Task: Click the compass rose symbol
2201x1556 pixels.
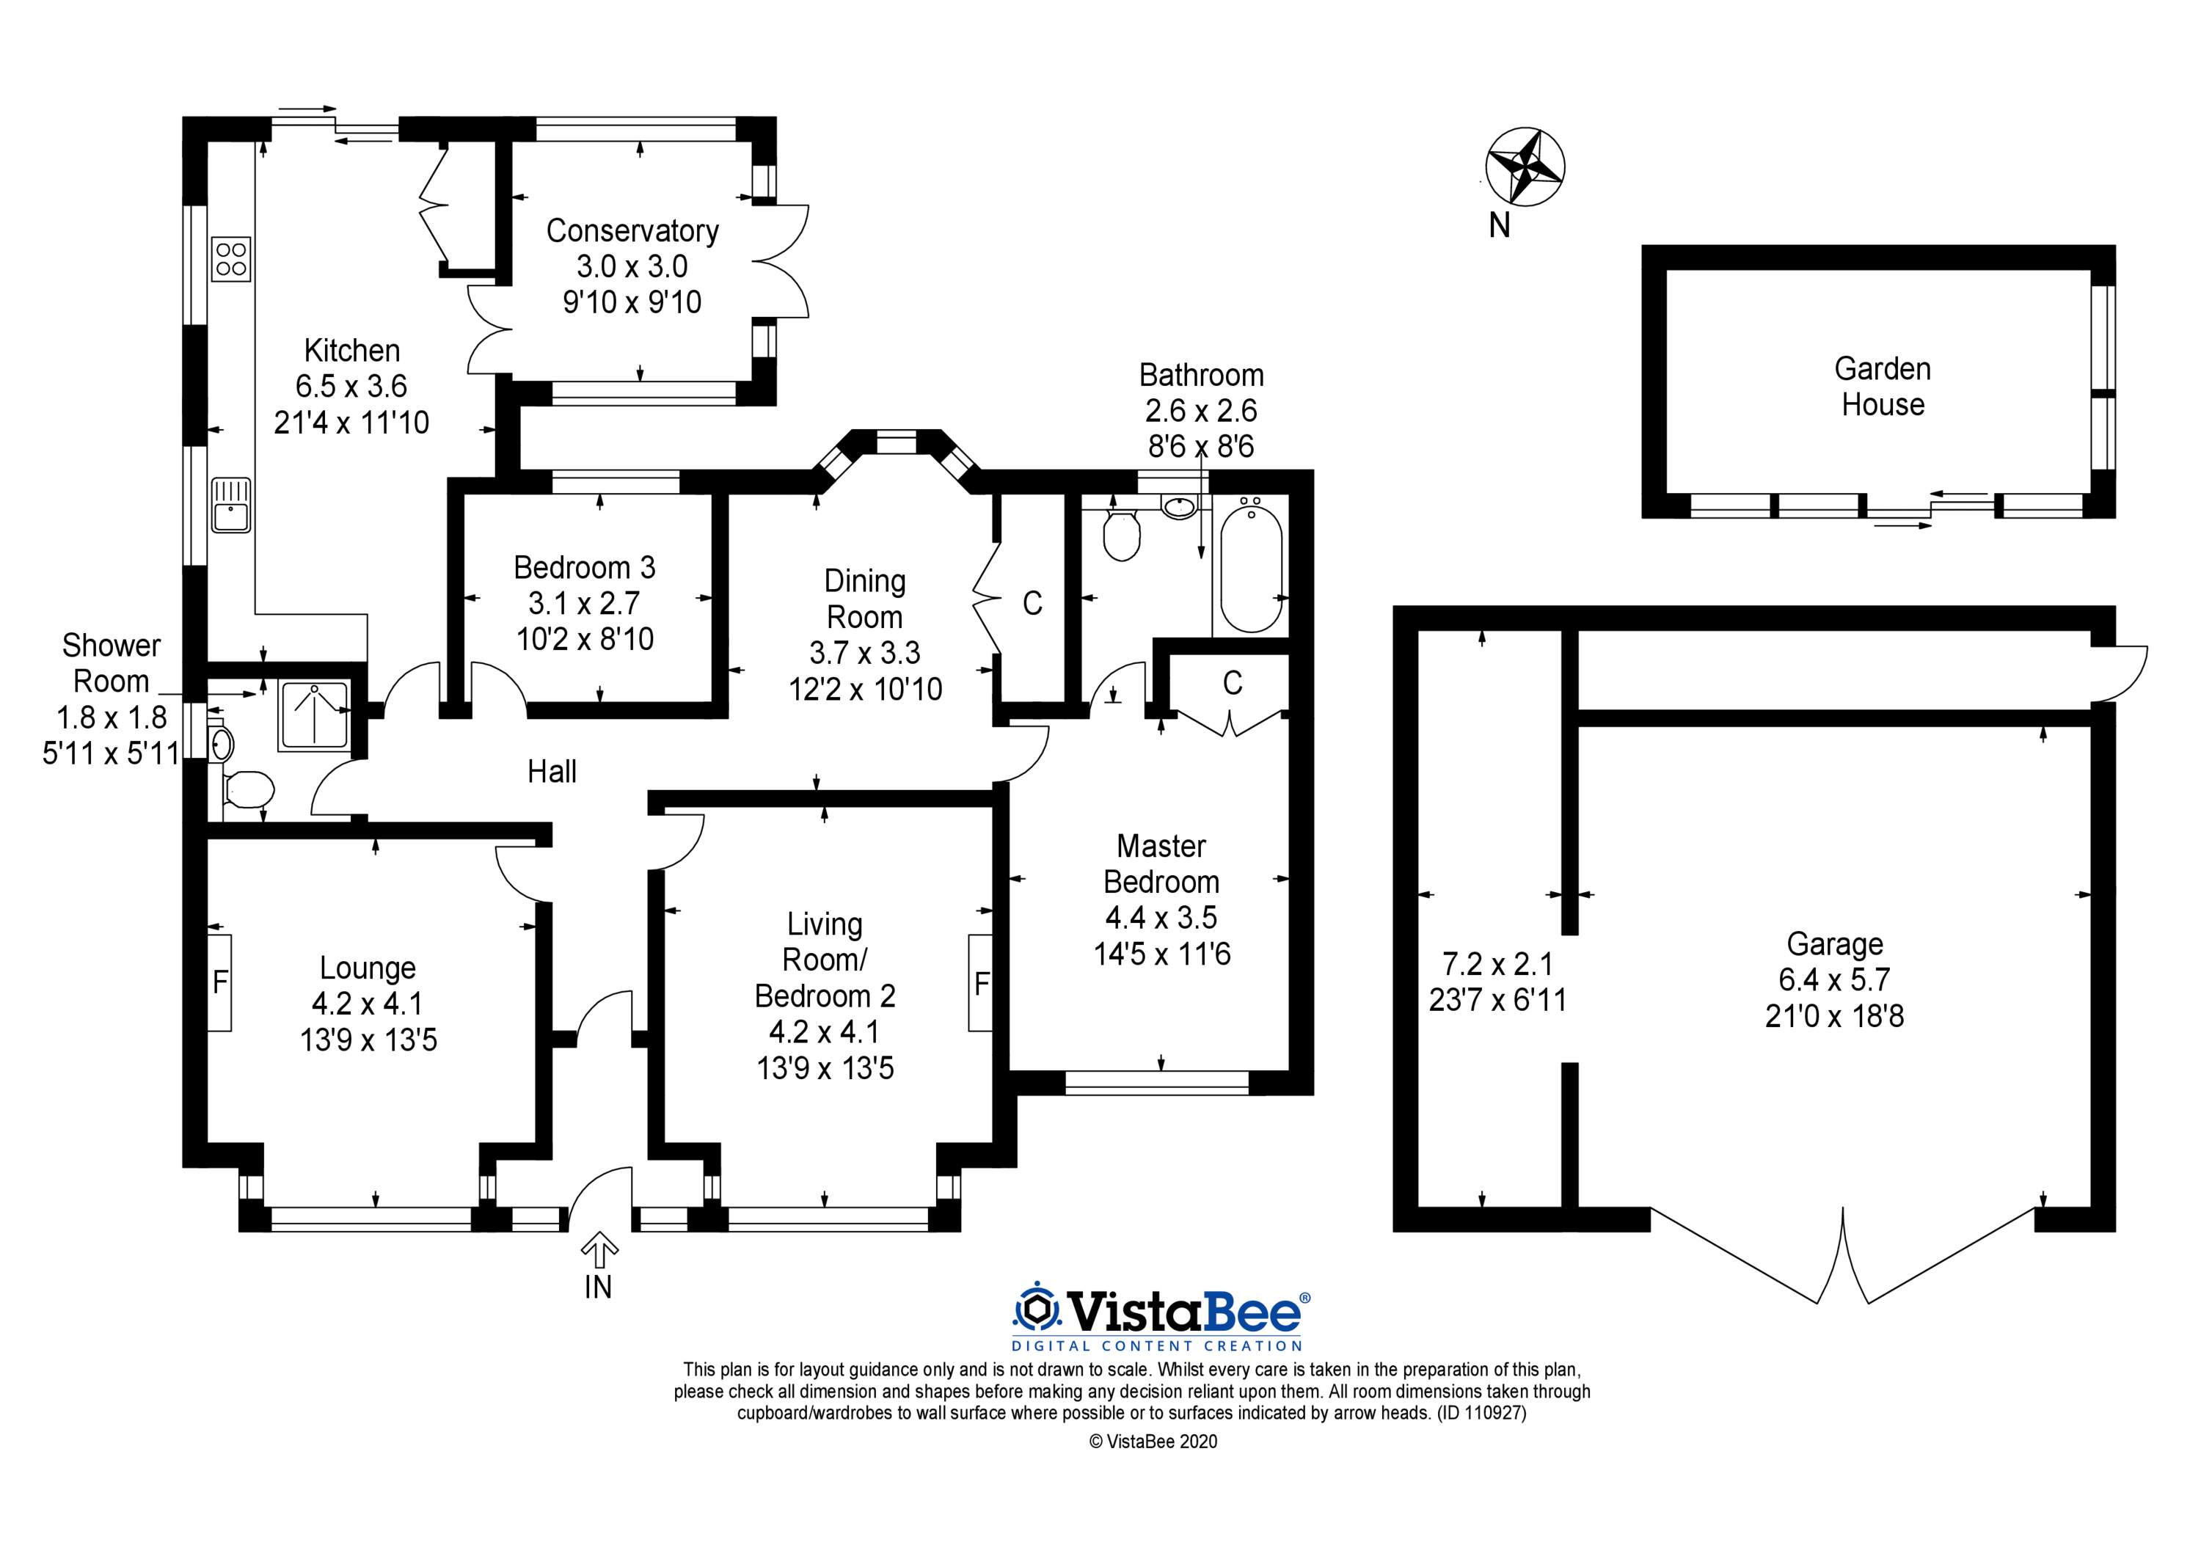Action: [x=1525, y=167]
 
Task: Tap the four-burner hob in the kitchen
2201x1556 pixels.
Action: [x=232, y=259]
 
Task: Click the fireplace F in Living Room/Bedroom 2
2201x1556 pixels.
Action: [x=979, y=983]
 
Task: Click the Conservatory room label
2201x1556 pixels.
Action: [x=632, y=231]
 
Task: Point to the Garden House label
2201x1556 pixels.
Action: [x=1882, y=387]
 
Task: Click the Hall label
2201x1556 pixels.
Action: [x=552, y=771]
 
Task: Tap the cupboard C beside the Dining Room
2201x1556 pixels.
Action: [x=1032, y=602]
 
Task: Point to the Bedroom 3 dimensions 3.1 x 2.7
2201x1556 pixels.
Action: [x=584, y=603]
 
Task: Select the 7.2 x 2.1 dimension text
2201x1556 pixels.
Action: [x=1497, y=963]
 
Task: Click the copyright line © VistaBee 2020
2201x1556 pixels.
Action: [x=1153, y=1441]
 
